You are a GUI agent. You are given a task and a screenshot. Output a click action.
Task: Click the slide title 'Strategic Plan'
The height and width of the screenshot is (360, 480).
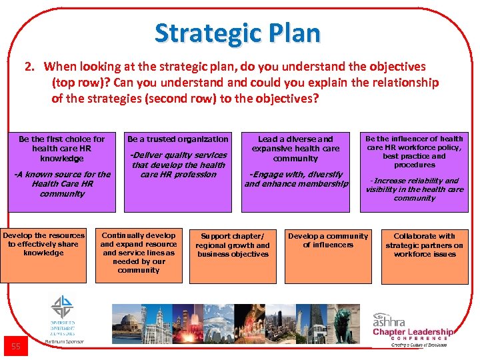pos(237,33)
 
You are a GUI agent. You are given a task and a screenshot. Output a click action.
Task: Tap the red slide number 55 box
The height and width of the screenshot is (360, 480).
pos(16,346)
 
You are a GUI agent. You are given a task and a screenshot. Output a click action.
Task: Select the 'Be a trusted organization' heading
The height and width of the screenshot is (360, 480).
pos(178,139)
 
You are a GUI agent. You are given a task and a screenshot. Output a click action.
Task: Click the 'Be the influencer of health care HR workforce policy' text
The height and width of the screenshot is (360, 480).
pos(414,151)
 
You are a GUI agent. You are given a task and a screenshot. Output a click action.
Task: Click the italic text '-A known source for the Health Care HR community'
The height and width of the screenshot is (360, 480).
pos(62,184)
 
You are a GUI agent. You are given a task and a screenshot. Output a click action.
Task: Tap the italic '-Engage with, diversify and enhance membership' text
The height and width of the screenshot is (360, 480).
pos(296,179)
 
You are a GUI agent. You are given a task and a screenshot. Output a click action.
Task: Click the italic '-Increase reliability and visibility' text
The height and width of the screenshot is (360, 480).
pos(414,189)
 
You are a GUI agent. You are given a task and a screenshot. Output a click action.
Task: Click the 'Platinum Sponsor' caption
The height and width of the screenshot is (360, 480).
pos(63,343)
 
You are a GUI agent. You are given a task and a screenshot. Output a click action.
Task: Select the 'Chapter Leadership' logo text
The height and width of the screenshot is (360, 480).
pos(413,332)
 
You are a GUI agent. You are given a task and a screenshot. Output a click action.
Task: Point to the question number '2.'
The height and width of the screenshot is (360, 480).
pos(29,67)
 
